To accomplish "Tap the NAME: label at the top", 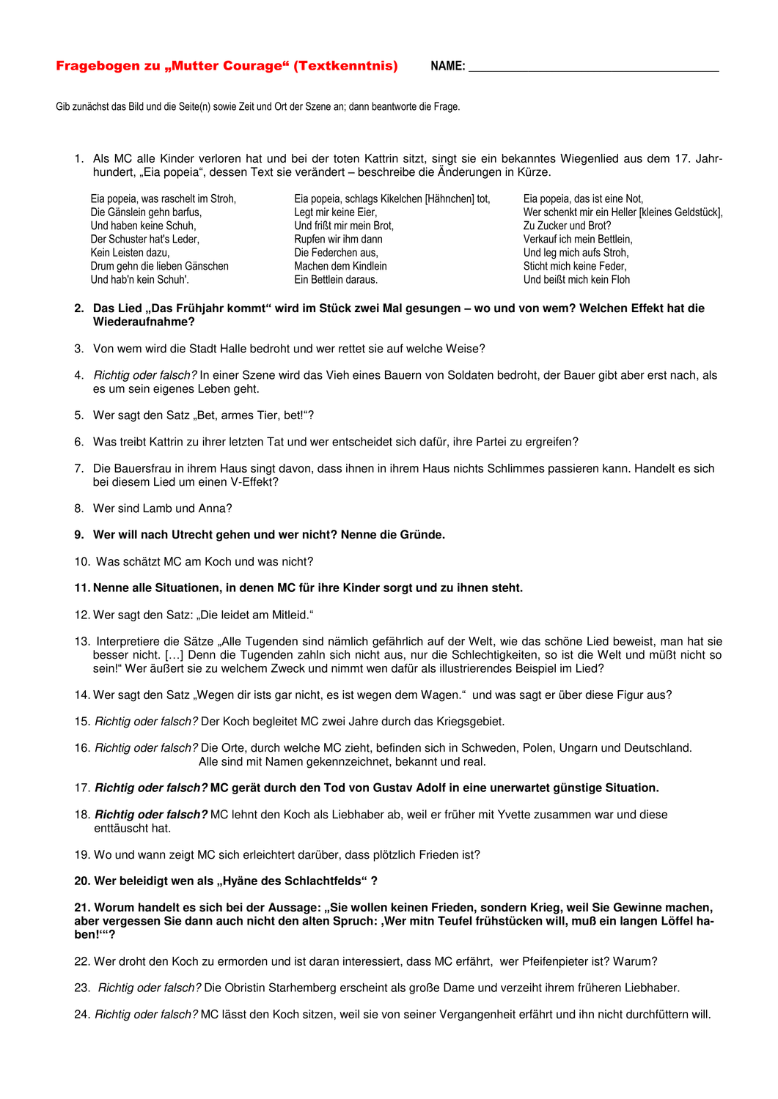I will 447,67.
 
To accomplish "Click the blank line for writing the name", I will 593,70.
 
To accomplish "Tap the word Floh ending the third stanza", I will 619,280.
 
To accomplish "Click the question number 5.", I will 78,415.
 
